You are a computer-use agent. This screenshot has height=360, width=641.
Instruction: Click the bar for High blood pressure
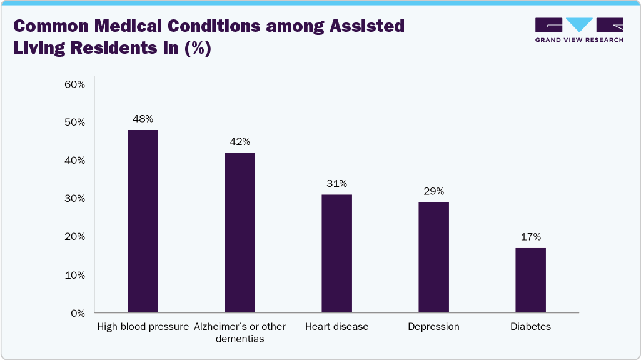pos(143,221)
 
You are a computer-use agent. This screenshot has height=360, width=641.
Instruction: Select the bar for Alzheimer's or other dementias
pos(240,232)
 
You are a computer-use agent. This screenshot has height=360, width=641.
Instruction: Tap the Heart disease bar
pos(336,254)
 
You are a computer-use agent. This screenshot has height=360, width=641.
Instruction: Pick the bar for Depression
pos(433,257)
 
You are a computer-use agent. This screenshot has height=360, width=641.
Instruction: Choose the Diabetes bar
pos(530,281)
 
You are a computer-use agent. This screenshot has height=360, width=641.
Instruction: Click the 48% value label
pos(143,119)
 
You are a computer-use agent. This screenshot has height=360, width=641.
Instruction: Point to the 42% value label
pos(240,142)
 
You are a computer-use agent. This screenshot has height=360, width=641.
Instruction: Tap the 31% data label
pos(336,184)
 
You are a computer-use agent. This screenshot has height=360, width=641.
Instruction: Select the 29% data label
pos(433,191)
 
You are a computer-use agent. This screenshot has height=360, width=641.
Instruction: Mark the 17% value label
pos(530,237)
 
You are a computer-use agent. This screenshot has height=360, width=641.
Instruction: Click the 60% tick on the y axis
pos(74,84)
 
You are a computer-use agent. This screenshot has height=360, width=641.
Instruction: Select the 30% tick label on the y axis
pos(74,199)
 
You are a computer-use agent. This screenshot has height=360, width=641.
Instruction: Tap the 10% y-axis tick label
pos(74,275)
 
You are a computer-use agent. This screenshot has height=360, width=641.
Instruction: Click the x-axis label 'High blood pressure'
pos(143,327)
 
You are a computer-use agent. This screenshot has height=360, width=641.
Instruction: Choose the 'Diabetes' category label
pos(530,327)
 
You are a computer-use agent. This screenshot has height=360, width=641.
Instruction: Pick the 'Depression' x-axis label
pos(433,327)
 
